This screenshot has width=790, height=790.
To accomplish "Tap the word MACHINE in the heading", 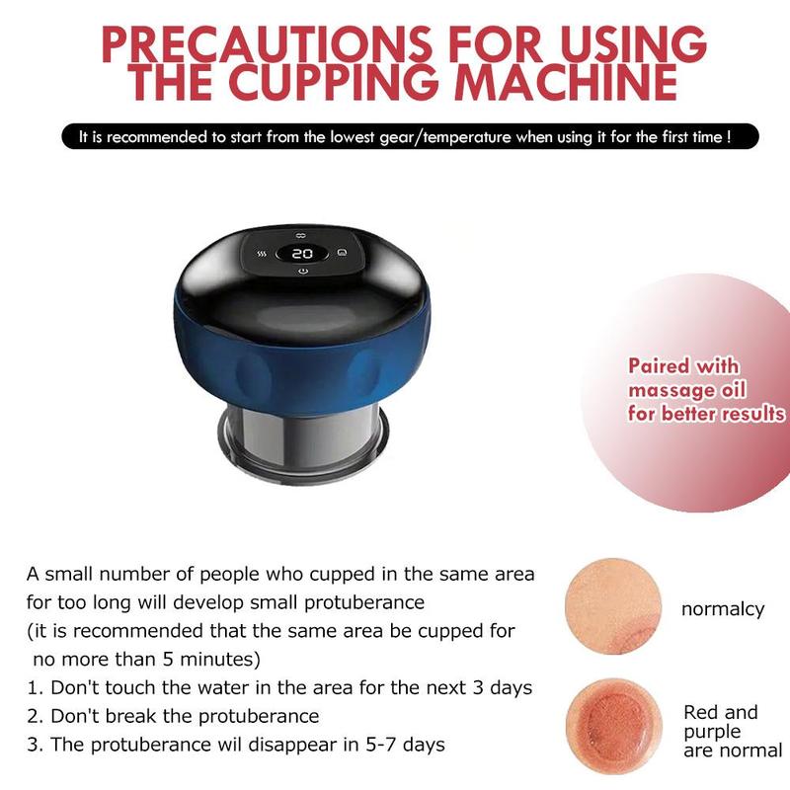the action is click(566, 82).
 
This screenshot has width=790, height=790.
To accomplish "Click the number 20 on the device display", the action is click(302, 254).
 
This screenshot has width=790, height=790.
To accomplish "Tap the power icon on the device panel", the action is click(302, 272).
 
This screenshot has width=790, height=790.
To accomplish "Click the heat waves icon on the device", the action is click(262, 254).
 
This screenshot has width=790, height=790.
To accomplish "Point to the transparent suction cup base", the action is click(303, 444).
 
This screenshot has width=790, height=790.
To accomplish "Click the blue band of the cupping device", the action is click(301, 363).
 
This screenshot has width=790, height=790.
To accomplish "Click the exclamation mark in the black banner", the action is click(729, 137).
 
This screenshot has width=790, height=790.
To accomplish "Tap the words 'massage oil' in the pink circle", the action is click(686, 390).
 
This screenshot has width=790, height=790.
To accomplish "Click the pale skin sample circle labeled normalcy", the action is click(613, 606).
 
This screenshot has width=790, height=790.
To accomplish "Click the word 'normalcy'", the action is click(723, 609).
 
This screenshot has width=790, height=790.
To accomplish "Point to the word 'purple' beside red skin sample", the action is click(712, 733).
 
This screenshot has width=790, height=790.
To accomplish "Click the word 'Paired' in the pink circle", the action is click(658, 365).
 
